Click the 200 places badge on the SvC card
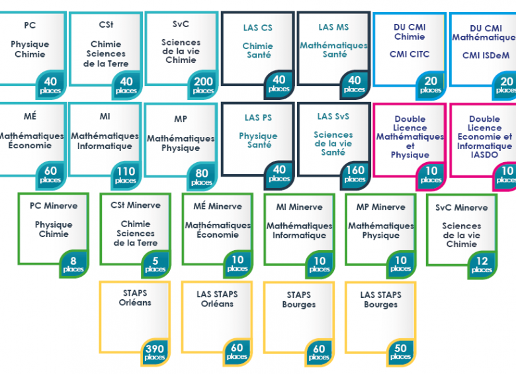point(203,85)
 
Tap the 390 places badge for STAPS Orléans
point(155,351)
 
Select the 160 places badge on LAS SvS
point(355,174)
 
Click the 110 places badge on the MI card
point(126,175)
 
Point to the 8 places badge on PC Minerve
point(73,264)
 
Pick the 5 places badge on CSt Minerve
point(155,264)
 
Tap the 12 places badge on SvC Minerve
point(482,265)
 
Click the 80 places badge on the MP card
point(202,177)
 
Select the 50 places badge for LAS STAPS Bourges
point(401,351)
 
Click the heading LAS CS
point(257,28)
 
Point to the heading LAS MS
point(333,27)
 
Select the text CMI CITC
point(409,55)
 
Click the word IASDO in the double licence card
point(485,155)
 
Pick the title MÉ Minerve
point(218,207)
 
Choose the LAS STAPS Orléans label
point(217,299)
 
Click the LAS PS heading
point(259,118)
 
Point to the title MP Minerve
point(380,207)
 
